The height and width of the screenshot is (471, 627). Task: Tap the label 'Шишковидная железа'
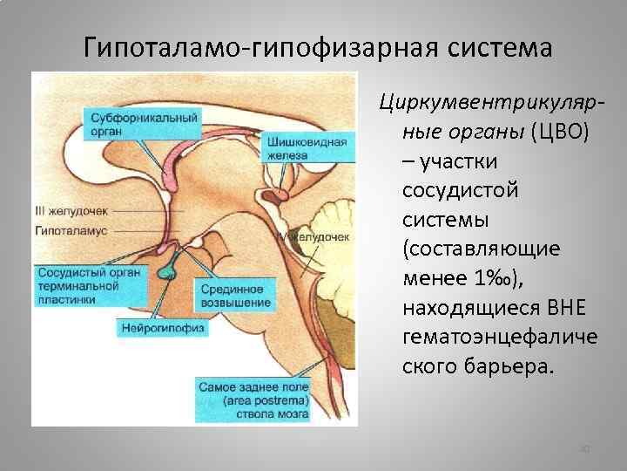[310, 148]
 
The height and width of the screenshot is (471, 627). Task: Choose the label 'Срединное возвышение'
[235, 295]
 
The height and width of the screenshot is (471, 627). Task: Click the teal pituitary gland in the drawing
[167, 273]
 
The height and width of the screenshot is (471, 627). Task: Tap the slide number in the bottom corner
[585, 449]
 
